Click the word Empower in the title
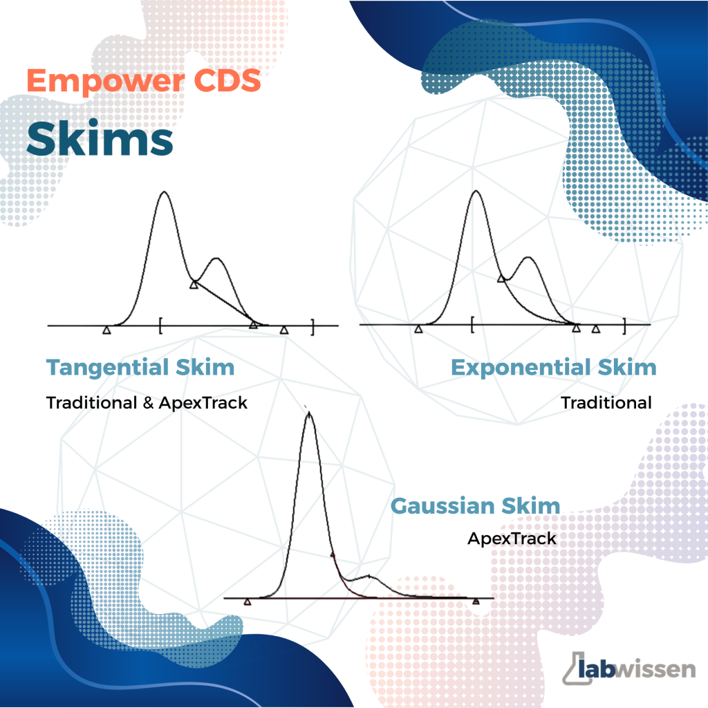(106, 82)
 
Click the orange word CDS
(227, 80)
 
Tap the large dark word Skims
(100, 138)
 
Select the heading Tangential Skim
(140, 368)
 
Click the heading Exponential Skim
(554, 368)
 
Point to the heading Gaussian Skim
(475, 505)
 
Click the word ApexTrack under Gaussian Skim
(512, 539)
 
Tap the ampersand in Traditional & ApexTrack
(148, 403)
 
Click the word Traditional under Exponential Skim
(606, 403)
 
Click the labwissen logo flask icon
(577, 669)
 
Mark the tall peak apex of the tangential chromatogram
(164, 192)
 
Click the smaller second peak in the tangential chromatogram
(216, 259)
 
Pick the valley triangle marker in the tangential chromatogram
(194, 284)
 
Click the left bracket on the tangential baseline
(160, 326)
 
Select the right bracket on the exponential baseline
(624, 326)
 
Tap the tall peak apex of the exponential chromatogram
(476, 191)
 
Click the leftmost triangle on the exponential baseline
(418, 329)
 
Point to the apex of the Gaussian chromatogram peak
(309, 413)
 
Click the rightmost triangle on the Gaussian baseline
(476, 601)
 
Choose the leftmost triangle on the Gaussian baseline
(248, 602)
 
